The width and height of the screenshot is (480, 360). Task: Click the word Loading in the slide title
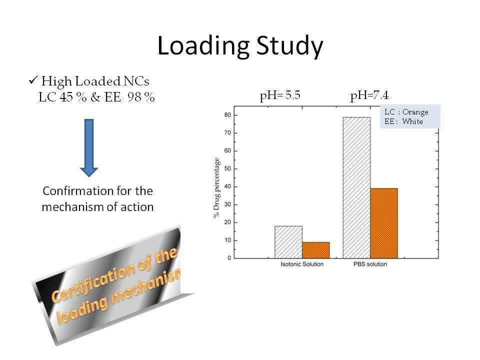pyautogui.click(x=203, y=46)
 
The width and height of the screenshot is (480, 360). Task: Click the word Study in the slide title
pyautogui.click(x=289, y=46)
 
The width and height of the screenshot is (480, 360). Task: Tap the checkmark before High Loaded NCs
pyautogui.click(x=33, y=80)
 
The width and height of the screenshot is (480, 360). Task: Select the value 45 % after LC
pyautogui.click(x=73, y=97)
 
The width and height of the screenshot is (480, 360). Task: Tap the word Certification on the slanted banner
pyautogui.click(x=92, y=282)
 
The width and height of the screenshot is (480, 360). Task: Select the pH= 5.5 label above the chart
pyautogui.click(x=280, y=95)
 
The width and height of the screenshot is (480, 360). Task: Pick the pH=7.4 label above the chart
pyautogui.click(x=369, y=95)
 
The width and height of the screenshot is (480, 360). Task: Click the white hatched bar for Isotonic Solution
pyautogui.click(x=288, y=242)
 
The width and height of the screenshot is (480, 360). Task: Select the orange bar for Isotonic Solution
pyautogui.click(x=316, y=250)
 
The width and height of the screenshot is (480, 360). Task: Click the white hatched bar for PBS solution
pyautogui.click(x=356, y=187)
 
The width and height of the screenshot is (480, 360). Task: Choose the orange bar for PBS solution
pyautogui.click(x=384, y=223)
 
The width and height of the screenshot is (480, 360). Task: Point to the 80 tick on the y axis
pyautogui.click(x=228, y=115)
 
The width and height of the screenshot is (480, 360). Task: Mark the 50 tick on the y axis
pyautogui.click(x=228, y=168)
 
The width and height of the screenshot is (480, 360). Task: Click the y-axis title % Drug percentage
pyautogui.click(x=216, y=187)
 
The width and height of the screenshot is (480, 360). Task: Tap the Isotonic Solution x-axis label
pyautogui.click(x=302, y=264)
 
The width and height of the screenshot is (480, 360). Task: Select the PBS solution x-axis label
pyautogui.click(x=370, y=264)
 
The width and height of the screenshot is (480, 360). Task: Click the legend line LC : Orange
pyautogui.click(x=406, y=112)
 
